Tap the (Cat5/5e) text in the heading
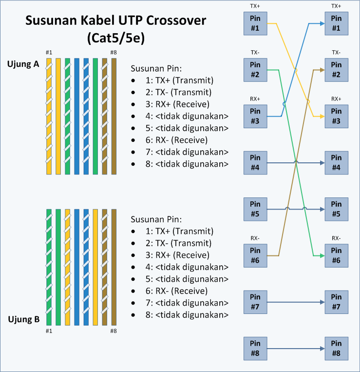click(115, 38)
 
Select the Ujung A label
click(23, 64)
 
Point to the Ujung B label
click(23, 320)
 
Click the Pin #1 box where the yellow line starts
click(255, 22)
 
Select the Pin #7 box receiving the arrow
click(336, 302)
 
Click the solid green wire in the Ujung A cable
click(95, 116)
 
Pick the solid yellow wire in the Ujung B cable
click(95, 267)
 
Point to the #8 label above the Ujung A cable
click(114, 53)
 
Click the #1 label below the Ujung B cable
click(49, 331)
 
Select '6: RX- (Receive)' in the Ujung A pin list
click(170, 140)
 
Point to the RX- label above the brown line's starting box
click(255, 238)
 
